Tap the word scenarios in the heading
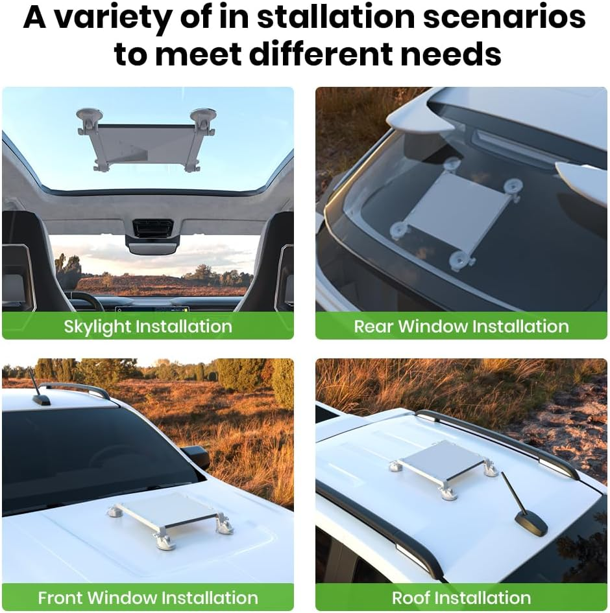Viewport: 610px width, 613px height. pos(504,18)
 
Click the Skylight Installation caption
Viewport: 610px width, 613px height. pos(148,326)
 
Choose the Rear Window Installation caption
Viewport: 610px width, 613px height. pos(461,326)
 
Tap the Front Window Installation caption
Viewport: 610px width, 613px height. pos(148,597)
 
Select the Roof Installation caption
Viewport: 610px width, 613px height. pos(461,597)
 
